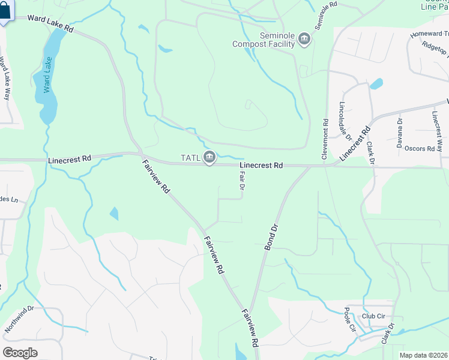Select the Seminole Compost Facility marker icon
click(304, 40)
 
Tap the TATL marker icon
click(209, 158)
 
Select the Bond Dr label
click(272, 236)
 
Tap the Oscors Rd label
click(420, 148)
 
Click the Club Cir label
click(373, 316)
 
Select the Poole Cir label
click(350, 321)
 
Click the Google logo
click(20, 352)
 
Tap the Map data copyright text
click(423, 355)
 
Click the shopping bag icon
click(5, 11)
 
